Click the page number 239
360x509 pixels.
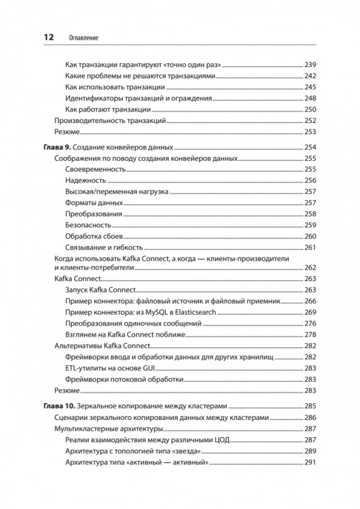(x=310, y=65)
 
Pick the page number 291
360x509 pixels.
(x=310, y=462)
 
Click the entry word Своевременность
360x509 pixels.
(x=95, y=169)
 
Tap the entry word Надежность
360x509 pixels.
(x=85, y=181)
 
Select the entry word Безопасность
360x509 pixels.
(x=88, y=225)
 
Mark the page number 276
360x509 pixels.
(x=310, y=323)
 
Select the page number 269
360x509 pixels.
(x=310, y=312)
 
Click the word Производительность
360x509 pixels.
(x=88, y=121)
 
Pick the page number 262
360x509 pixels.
(x=310, y=267)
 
